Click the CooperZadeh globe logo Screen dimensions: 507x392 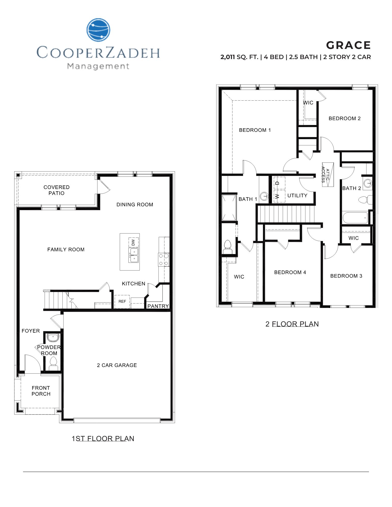coord(98,30)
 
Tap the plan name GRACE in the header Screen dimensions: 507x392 coord(348,45)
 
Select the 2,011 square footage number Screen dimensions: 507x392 coord(228,57)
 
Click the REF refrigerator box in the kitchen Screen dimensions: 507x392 coord(122,301)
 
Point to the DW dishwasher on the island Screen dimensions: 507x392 coord(133,243)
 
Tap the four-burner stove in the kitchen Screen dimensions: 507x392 coord(164,260)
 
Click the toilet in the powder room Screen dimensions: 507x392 coord(53,362)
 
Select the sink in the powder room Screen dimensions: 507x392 coord(53,337)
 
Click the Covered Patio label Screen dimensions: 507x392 coord(56,190)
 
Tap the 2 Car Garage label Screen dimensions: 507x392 coord(117,365)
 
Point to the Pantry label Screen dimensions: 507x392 coord(158,306)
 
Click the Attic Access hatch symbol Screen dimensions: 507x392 coord(328,175)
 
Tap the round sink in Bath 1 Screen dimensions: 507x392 coord(265,196)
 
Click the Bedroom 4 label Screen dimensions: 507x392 coord(290,272)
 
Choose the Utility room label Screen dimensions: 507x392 coord(297,195)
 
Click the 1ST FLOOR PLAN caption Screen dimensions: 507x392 coord(103,439)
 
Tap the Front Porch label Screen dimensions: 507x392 coord(41,391)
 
